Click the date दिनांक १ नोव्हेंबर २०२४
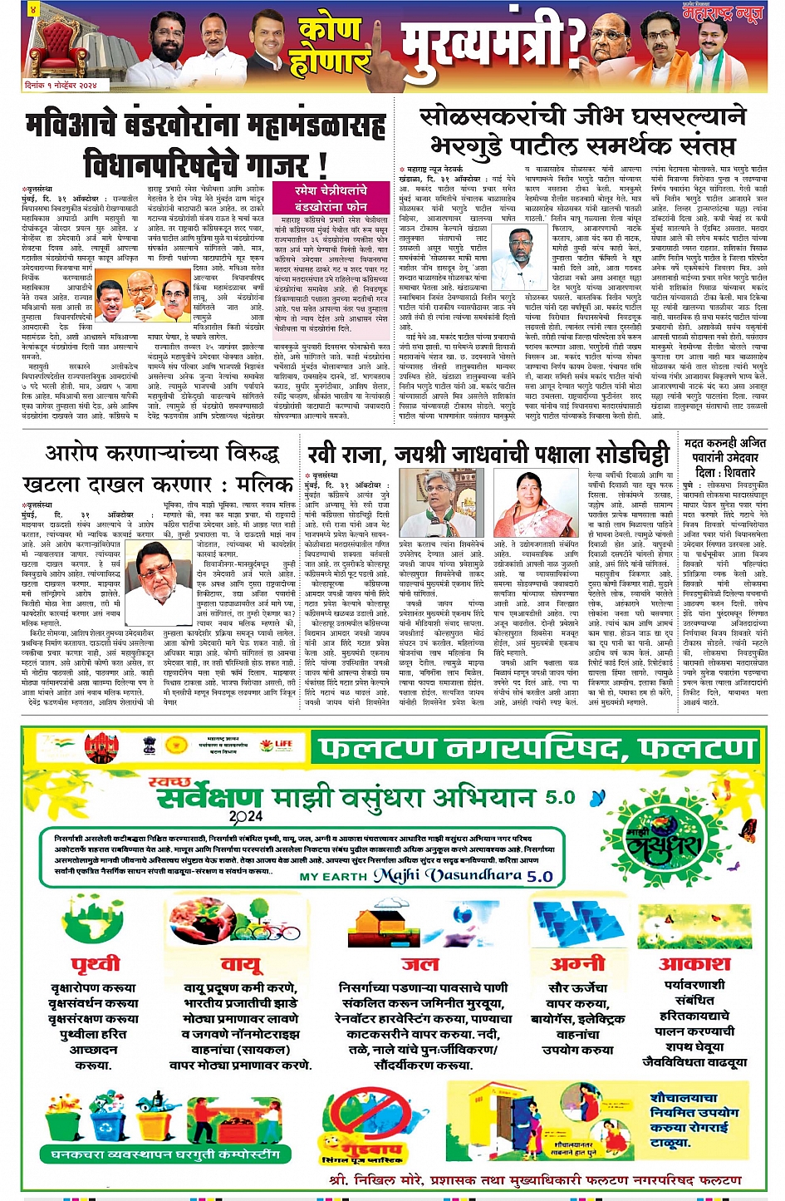[x=61, y=86]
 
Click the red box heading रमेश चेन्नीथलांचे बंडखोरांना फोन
[x=330, y=198]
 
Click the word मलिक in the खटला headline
[x=263, y=484]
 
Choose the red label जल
[x=419, y=964]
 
